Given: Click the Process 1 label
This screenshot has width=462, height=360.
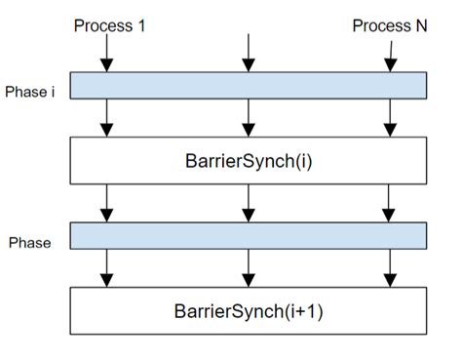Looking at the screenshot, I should point(109,25).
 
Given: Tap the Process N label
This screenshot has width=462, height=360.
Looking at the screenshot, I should point(389,25).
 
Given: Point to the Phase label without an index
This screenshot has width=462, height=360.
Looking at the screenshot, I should point(28,241).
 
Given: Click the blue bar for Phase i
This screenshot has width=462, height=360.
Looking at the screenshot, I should point(249,86).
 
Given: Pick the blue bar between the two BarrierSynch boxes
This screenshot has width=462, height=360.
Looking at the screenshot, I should point(249,235).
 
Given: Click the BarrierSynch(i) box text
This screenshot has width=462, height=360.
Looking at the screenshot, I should point(249,160).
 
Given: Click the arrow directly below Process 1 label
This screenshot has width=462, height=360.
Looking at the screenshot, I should point(108,54).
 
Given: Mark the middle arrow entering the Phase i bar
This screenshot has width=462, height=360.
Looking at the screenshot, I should point(249,54).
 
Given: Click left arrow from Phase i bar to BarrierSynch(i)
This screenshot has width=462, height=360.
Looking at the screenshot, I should point(108,117).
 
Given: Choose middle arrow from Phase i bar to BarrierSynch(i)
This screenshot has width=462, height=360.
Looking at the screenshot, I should point(249,117).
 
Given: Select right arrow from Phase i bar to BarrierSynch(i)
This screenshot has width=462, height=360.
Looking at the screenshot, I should point(390,117).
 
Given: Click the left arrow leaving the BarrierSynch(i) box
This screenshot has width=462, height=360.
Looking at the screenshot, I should point(108,203).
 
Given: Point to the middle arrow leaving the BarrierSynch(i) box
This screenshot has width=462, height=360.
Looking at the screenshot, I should point(249,203).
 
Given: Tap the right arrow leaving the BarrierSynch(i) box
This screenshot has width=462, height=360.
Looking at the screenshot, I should point(390,203).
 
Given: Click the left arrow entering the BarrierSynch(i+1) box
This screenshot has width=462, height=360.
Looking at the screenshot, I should point(108,267).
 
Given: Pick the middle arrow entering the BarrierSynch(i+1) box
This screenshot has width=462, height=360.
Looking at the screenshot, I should point(249,267).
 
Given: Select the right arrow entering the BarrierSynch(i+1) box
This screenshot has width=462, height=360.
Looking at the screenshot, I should point(390,267).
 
